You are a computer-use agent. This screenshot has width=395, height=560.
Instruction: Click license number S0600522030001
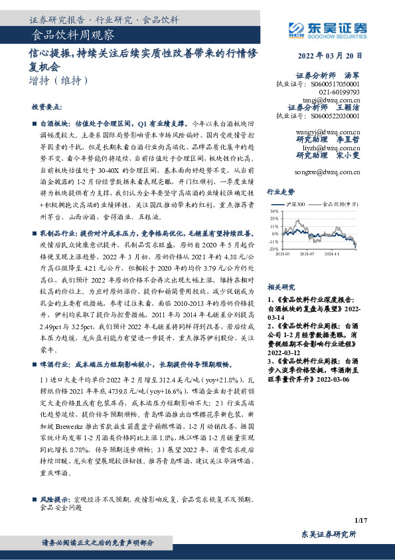(335, 115)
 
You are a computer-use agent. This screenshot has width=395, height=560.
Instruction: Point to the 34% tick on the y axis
(274, 211)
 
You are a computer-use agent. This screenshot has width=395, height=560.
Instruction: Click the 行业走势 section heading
(280, 190)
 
